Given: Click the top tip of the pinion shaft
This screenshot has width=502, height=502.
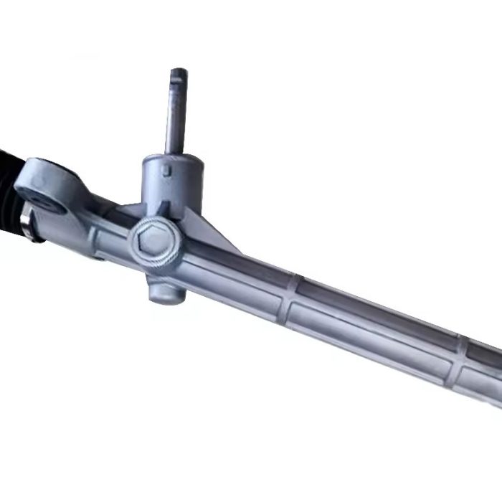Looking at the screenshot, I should [x=178, y=71].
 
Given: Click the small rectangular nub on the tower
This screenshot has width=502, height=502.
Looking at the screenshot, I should [x=166, y=170].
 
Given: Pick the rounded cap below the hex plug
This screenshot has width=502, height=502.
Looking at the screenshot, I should [x=164, y=288].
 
